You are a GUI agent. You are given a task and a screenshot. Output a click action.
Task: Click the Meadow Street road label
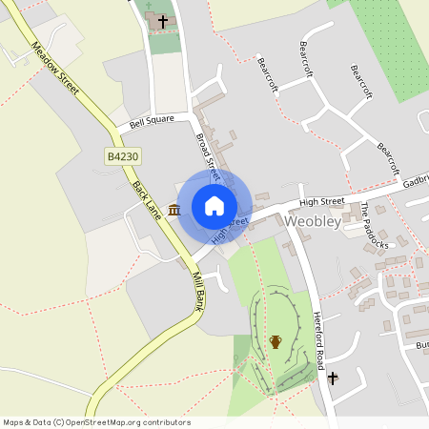pos(55,68)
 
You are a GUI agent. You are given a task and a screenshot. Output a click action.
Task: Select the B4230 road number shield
pos(121,154)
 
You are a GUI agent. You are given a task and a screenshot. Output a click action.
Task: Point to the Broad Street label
pos(208,156)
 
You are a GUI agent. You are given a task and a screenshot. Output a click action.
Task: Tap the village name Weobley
pos(313,221)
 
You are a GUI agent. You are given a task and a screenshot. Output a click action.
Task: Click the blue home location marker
pos(214,205)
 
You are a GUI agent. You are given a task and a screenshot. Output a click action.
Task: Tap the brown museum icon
pos(174,209)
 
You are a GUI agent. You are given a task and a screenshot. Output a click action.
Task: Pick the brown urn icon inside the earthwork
pos(276,341)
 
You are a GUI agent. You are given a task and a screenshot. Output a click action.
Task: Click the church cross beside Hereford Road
pos(333,378)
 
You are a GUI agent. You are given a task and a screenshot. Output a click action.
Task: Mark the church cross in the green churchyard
pos(163,20)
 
